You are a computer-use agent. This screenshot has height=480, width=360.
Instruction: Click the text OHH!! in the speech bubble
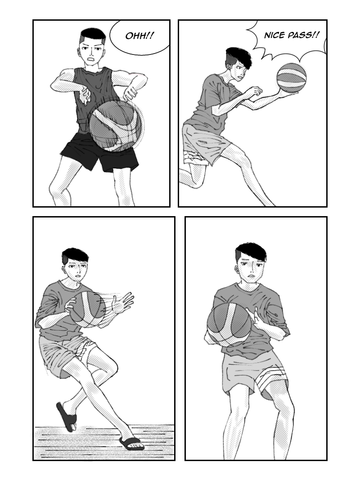coord(139,36)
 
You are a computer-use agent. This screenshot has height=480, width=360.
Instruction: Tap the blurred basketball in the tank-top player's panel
coord(116,126)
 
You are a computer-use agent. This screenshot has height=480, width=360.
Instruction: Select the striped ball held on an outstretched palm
coord(291,77)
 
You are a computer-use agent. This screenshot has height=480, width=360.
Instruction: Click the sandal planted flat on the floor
coord(132,443)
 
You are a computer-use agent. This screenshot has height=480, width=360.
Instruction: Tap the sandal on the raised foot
coord(66,417)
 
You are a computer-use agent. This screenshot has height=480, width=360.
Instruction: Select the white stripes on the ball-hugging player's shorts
coord(272,380)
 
